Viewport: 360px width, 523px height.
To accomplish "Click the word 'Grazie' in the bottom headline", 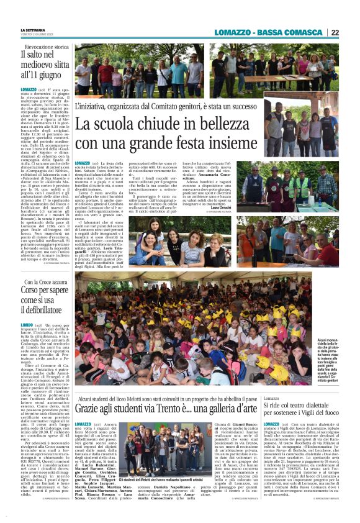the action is coord(92,408).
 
